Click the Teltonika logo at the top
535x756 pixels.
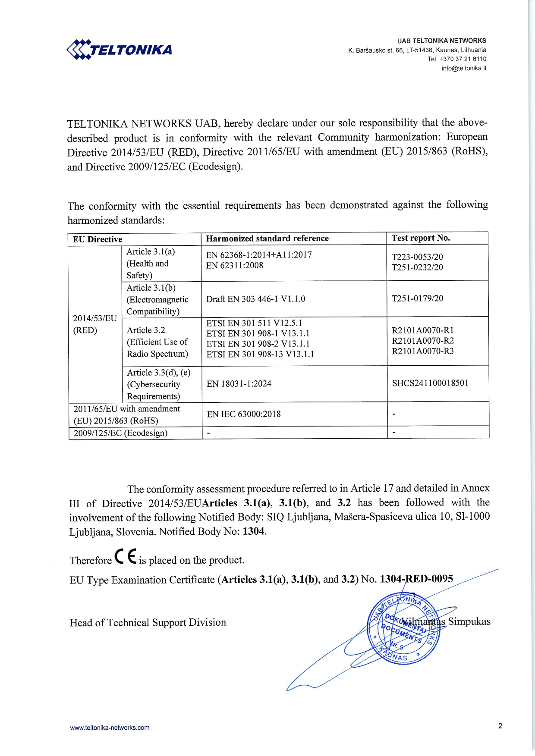[x=120, y=49]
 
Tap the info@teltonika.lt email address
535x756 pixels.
[x=464, y=68]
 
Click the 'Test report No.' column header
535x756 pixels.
[x=421, y=238]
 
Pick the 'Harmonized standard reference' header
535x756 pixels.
[x=267, y=238]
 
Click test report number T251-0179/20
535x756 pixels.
[x=417, y=298]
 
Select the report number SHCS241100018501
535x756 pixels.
[x=430, y=383]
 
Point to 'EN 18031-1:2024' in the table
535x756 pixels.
[x=239, y=384]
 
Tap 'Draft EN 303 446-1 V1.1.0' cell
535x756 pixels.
[x=255, y=299]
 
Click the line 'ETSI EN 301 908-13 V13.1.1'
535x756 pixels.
[x=260, y=354]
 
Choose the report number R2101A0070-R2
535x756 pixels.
[x=423, y=341]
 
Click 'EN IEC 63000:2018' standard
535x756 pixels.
[x=244, y=414]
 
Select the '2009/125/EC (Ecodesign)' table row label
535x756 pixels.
[x=120, y=433]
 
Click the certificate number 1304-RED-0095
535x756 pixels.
[x=416, y=579]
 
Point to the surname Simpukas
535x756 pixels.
[x=469, y=621]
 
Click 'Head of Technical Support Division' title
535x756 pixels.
[x=148, y=622]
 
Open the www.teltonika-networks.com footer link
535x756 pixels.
[x=110, y=728]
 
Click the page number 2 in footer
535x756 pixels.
[x=500, y=726]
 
